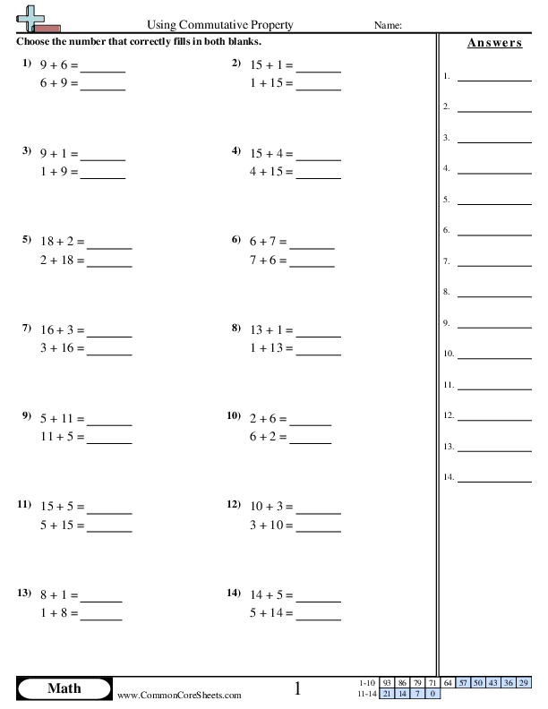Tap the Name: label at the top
(387, 26)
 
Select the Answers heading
(494, 43)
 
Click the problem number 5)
(27, 240)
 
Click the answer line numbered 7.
(493, 261)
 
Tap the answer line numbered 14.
(493, 477)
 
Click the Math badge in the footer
(64, 688)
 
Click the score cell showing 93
(386, 683)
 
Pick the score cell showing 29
(523, 683)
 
